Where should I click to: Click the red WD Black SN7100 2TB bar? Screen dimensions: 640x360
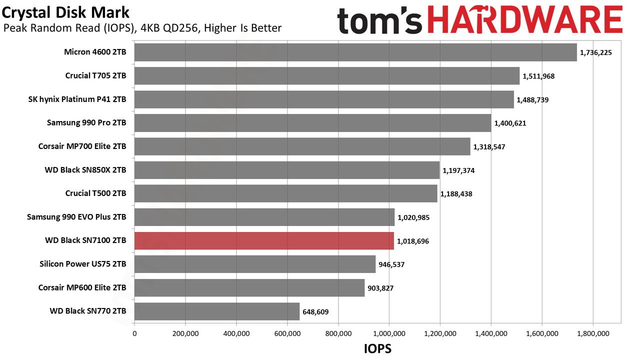pos(264,240)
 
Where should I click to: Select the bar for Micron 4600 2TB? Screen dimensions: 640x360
pos(355,52)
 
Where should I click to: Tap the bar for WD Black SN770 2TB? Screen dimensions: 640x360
pos(217,311)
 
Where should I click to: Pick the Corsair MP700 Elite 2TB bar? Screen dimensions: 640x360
pos(302,146)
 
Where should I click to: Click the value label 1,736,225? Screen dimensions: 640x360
pos(595,52)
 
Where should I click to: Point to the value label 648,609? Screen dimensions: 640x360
pos(315,311)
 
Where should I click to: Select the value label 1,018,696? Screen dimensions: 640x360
pos(413,241)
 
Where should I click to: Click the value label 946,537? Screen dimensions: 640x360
pos(391,264)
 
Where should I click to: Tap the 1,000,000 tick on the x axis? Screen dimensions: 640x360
pos(389,333)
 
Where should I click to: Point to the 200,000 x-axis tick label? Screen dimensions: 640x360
pos(185,333)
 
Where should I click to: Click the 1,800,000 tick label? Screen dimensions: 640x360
pos(593,333)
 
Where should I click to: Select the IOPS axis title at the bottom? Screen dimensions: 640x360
pos(377,349)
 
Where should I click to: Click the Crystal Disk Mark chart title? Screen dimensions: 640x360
pos(65,13)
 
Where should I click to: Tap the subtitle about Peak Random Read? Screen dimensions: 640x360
pos(142,28)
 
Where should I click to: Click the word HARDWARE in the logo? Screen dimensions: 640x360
pos(525,19)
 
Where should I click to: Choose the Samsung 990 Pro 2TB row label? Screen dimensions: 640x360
pos(86,122)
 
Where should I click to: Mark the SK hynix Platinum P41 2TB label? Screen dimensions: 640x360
pos(77,99)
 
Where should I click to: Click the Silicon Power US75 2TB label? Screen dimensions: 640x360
pos(83,263)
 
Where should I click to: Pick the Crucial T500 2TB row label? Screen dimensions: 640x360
pos(95,193)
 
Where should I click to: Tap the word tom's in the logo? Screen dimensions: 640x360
pos(379,20)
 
